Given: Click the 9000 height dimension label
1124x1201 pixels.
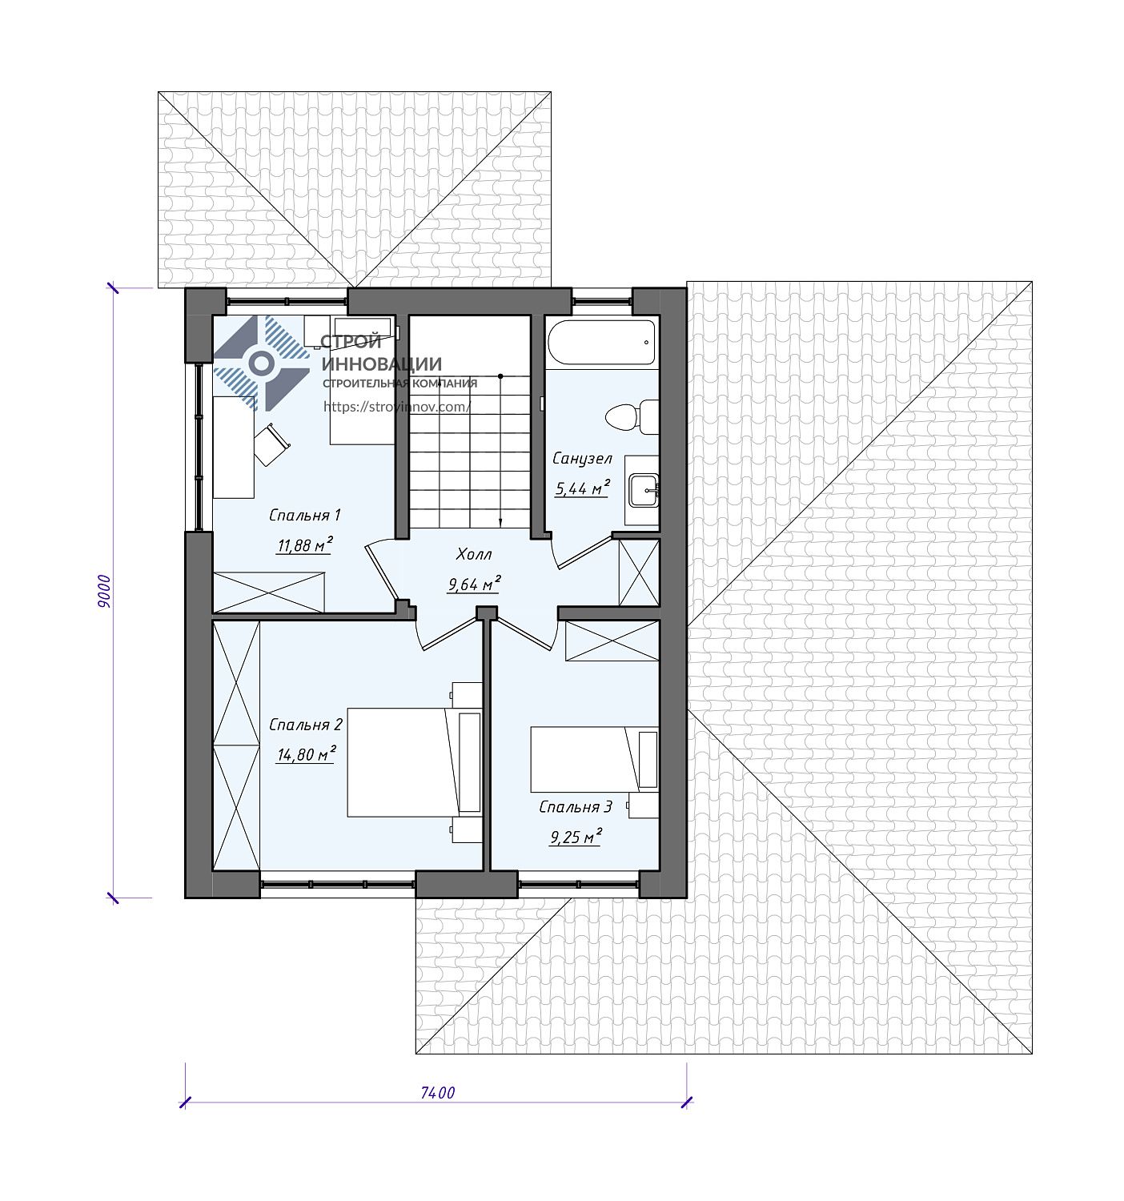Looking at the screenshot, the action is tap(104, 591).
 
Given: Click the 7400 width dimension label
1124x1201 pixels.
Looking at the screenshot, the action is tap(437, 1093).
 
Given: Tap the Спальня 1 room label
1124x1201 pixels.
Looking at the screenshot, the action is tap(304, 516).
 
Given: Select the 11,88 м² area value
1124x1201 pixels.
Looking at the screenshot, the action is tap(304, 545).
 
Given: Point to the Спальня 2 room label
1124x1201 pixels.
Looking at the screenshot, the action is tap(306, 725).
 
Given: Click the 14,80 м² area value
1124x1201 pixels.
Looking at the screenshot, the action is tap(306, 754).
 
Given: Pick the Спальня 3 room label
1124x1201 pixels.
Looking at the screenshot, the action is tap(576, 807).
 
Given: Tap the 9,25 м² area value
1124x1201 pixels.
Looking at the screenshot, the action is tap(575, 837).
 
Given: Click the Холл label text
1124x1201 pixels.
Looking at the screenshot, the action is tap(474, 554).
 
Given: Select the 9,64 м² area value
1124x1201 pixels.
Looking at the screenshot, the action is tap(474, 584).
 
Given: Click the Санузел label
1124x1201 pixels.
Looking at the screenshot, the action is tap(582, 459).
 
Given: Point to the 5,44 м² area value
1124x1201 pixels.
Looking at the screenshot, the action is tap(581, 488).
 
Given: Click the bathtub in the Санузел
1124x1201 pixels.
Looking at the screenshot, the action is tap(601, 342).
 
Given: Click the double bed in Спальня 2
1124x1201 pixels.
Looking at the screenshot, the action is tap(415, 762).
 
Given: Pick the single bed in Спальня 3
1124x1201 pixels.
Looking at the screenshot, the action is tap(594, 760).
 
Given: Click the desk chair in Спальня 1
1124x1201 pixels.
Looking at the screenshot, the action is tap(271, 444).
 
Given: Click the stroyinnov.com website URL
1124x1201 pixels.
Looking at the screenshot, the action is tap(396, 407).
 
